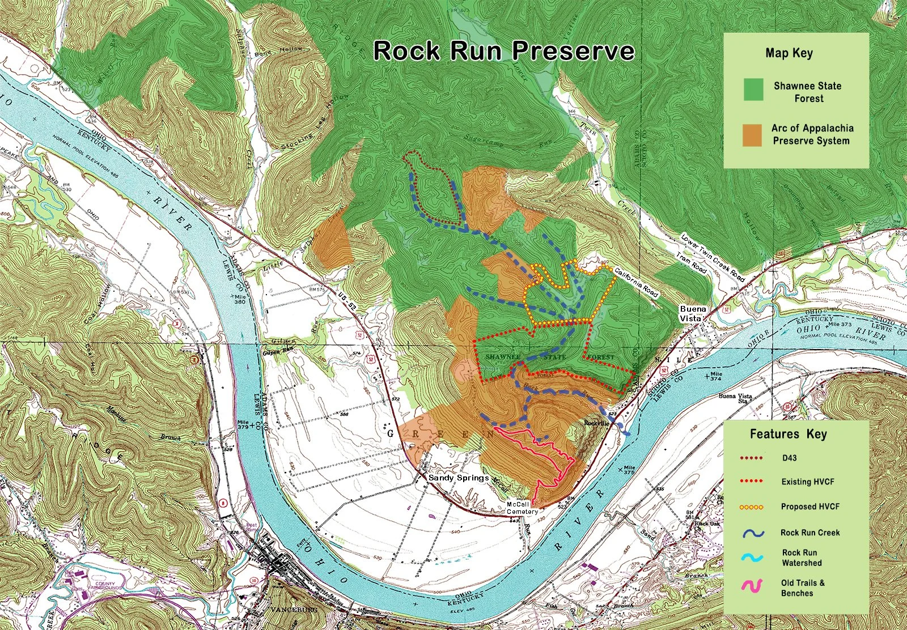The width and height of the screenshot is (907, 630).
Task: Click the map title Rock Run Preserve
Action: click(x=503, y=51)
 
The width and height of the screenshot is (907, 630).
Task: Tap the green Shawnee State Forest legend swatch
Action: click(x=753, y=91)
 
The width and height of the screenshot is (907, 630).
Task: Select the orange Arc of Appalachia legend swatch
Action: click(x=753, y=135)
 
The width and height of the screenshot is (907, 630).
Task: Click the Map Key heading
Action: click(x=789, y=53)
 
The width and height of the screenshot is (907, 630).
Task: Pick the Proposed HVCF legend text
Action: click(x=809, y=507)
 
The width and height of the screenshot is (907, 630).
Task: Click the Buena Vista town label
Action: click(x=693, y=313)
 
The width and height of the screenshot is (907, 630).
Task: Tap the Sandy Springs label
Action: click(x=458, y=478)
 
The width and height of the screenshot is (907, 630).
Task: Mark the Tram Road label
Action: click(x=692, y=263)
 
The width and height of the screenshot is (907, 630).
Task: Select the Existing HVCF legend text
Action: click(x=807, y=482)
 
